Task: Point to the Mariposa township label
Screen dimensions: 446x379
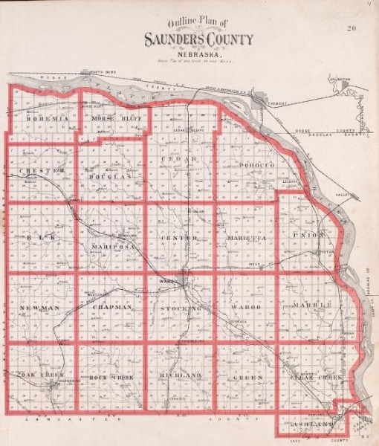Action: coord(111,246)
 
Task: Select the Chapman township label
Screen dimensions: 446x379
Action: coord(111,307)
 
